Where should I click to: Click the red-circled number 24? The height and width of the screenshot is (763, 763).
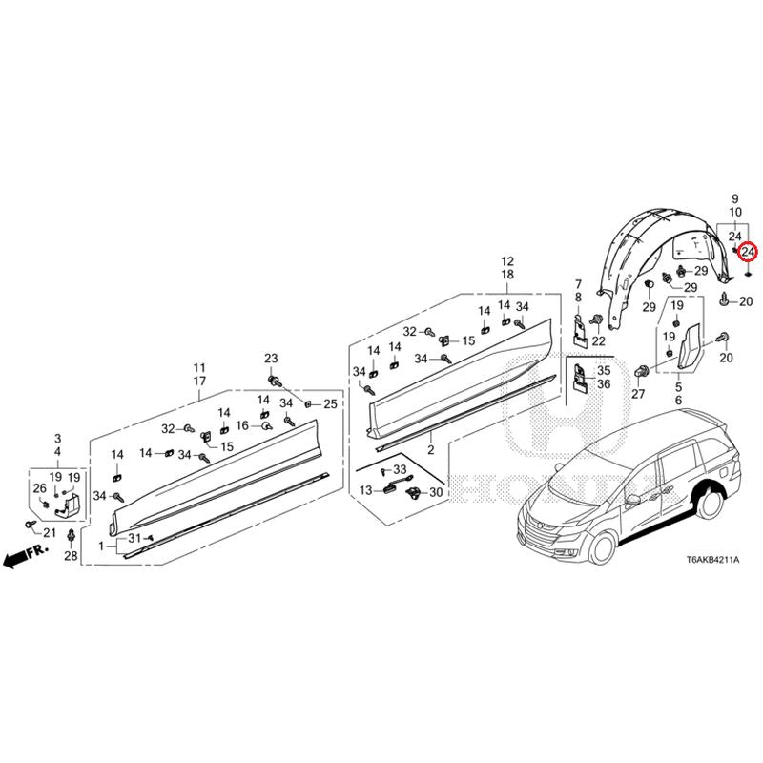click(748, 252)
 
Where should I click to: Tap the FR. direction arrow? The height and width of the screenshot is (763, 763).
click(26, 556)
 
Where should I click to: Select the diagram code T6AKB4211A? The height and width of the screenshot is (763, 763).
click(712, 560)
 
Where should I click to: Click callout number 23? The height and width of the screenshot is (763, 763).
click(271, 359)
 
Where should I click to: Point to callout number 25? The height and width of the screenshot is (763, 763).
click(330, 403)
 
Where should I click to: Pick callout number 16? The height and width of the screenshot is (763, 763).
click(242, 425)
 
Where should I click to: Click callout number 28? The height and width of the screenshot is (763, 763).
click(71, 555)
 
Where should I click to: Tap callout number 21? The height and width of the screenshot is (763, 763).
click(50, 533)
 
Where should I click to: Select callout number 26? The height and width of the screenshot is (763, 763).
click(40, 488)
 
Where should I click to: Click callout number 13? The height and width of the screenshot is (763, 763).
click(366, 490)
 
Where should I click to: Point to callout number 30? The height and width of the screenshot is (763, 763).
click(436, 492)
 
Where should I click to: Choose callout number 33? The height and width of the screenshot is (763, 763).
click(400, 469)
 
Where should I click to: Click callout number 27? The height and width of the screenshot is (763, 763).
click(638, 394)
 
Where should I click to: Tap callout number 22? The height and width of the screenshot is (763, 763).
click(599, 340)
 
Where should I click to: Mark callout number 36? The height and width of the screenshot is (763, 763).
click(604, 384)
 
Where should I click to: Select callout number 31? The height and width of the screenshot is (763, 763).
click(134, 538)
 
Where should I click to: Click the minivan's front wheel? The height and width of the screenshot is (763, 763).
click(601, 549)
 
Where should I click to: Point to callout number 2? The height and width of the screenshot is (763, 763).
click(431, 450)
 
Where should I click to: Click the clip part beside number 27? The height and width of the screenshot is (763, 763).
click(642, 370)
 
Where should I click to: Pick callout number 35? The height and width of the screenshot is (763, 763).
click(604, 370)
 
